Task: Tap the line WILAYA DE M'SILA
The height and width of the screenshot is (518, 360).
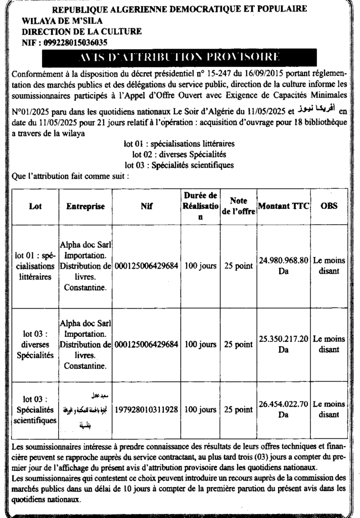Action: click(x=62, y=21)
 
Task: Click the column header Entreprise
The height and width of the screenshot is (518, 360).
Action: click(x=85, y=206)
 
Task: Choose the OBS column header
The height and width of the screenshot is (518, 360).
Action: click(x=329, y=206)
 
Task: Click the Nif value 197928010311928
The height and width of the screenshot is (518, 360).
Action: click(x=147, y=409)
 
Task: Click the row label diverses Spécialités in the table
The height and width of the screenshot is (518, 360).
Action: click(x=35, y=344)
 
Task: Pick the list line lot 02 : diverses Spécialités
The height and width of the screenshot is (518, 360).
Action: click(x=179, y=154)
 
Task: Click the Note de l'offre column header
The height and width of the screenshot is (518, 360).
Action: click(x=238, y=206)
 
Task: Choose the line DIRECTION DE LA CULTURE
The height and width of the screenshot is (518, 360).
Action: click(x=82, y=31)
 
